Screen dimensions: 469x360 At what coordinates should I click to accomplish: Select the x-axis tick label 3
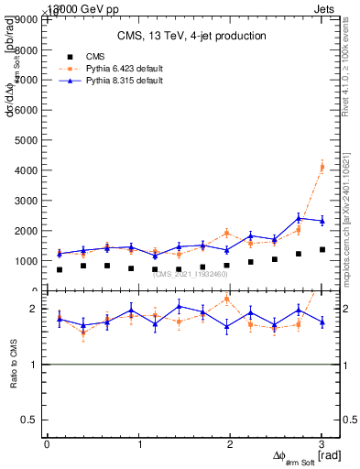[322, 443]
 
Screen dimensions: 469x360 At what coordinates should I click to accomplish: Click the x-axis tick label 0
[47, 443]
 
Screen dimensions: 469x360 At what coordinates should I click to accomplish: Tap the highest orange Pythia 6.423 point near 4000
[322, 167]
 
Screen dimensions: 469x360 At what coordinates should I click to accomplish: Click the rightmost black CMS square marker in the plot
[322, 249]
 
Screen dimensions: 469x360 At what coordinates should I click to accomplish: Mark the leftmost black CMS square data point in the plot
[60, 269]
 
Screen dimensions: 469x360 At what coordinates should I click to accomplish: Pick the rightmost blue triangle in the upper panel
[322, 221]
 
